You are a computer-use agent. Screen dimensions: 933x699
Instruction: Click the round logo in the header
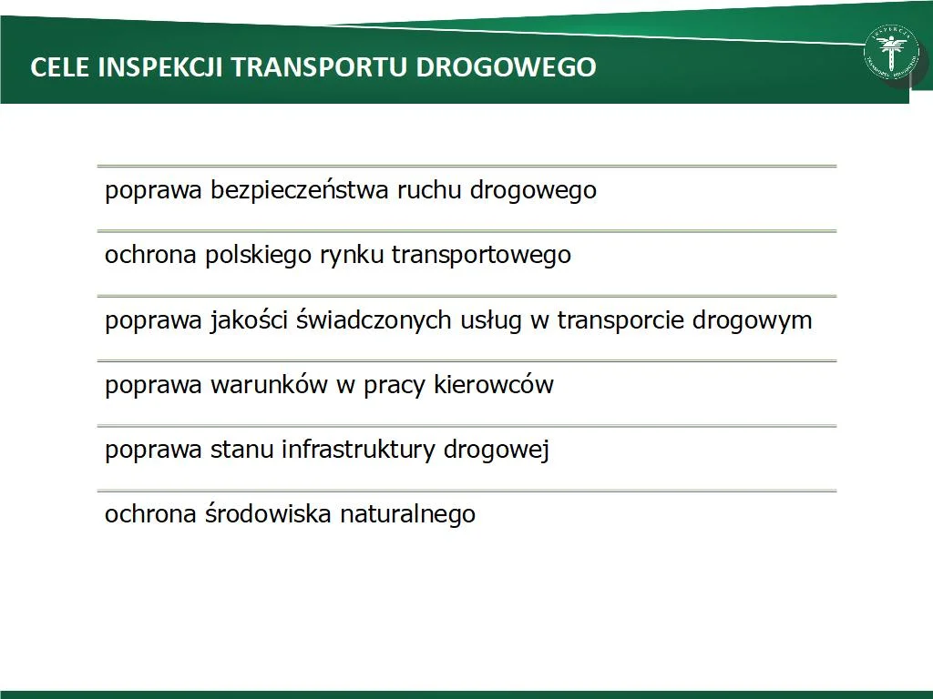coord(891,53)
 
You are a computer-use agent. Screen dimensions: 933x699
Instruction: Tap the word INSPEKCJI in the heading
coord(160,67)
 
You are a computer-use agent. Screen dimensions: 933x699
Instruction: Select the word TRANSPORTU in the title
coord(320,67)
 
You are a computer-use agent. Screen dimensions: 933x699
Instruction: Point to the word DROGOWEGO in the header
coord(507,67)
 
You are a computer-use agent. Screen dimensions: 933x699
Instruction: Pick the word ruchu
coord(430,190)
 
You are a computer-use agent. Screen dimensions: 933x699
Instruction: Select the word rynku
coord(351,256)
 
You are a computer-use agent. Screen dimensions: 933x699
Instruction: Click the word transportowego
coord(481,256)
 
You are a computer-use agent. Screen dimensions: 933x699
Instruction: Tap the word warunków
coord(269,385)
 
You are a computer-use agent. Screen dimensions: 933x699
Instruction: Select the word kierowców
coord(494,385)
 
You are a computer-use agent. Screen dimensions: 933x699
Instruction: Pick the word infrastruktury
coord(359,450)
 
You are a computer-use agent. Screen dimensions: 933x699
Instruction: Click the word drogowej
coord(497,451)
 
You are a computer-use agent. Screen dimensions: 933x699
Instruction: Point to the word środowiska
coord(269,514)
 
